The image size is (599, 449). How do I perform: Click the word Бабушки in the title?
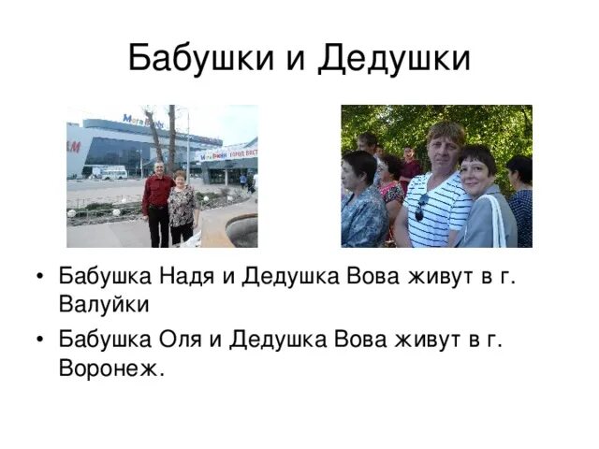(197, 58)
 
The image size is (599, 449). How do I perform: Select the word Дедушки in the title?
(392, 58)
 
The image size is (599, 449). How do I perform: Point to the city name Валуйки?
(103, 305)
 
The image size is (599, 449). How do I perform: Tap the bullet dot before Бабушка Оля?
(36, 340)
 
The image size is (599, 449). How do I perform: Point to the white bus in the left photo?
(110, 172)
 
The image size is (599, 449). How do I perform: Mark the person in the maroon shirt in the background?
(410, 169)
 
